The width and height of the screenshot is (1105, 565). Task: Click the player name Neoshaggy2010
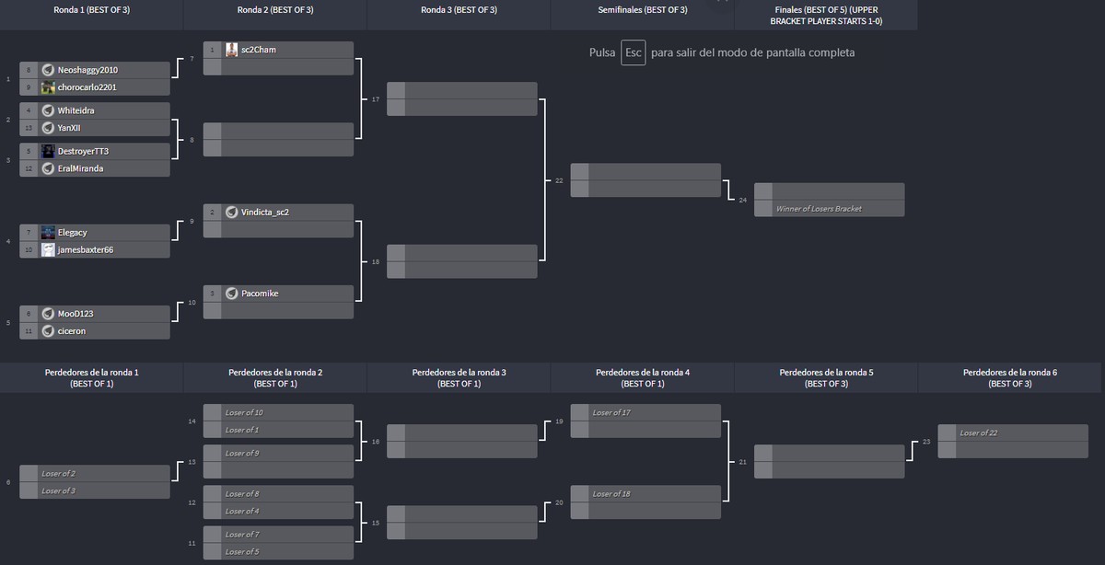(87, 70)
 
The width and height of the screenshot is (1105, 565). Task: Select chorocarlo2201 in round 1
(87, 87)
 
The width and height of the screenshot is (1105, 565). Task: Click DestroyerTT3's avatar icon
(48, 151)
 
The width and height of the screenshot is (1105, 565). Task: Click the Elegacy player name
(72, 233)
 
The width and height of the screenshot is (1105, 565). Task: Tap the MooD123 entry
(76, 314)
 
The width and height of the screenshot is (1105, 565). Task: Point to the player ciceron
(72, 331)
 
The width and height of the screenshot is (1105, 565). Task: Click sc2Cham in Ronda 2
(258, 50)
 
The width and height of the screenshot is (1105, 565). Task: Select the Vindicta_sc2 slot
(265, 213)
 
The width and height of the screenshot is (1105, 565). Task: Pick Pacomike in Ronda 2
(260, 294)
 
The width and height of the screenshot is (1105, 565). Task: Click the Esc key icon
(634, 52)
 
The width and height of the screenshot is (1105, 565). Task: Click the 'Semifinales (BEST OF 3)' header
(642, 10)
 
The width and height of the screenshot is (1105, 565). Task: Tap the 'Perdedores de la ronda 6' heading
(1009, 377)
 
